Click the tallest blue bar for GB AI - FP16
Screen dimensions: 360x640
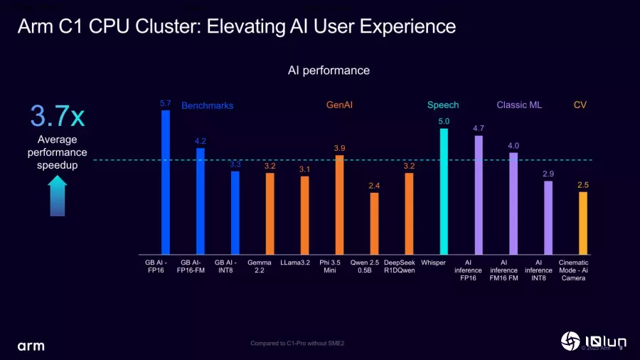coord(166,182)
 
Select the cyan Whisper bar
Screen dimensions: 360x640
coord(444,191)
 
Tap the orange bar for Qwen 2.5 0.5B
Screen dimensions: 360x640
coord(374,223)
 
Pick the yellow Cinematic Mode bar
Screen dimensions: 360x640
coord(583,223)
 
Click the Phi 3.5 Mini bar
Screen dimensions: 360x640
coord(339,205)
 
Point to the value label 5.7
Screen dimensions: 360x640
coord(166,103)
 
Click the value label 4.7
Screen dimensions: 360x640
coord(479,128)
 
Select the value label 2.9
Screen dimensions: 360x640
coord(548,174)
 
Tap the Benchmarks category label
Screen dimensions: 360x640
coord(208,105)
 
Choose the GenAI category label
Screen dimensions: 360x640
coord(339,105)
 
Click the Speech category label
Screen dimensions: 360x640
coord(443,105)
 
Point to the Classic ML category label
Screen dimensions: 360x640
coord(519,105)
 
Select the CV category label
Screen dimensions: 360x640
coord(580,105)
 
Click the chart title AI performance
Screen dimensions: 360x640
coord(329,70)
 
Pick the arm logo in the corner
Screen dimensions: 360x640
coord(31,345)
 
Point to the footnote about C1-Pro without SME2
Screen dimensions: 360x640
coord(297,344)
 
